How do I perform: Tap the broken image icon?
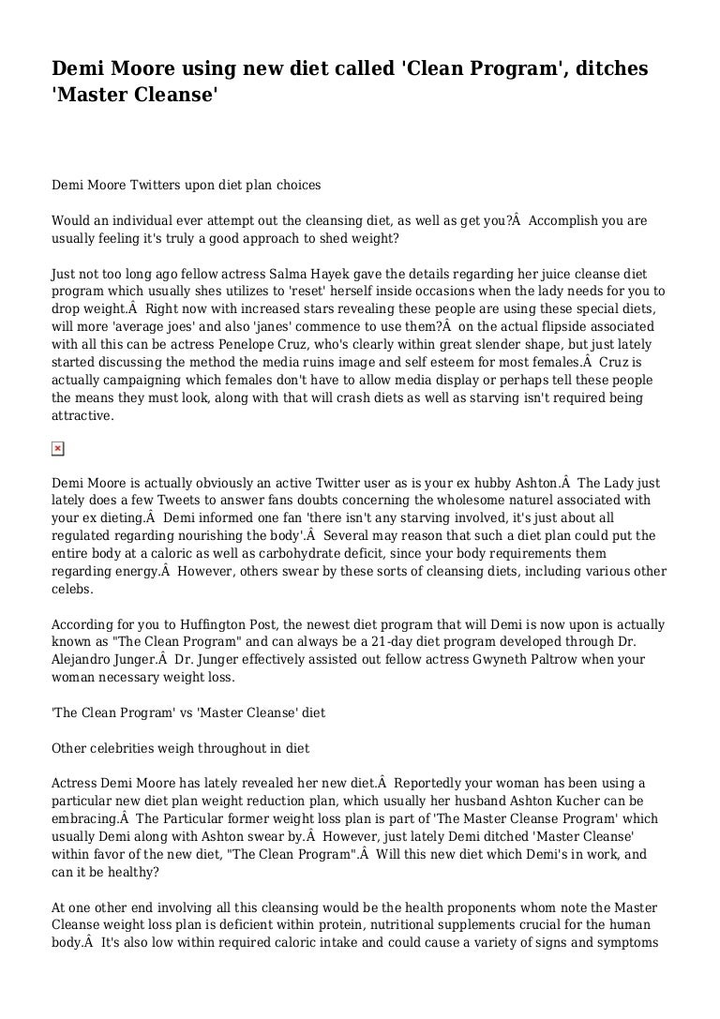[57, 449]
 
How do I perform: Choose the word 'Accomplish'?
[561, 220]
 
